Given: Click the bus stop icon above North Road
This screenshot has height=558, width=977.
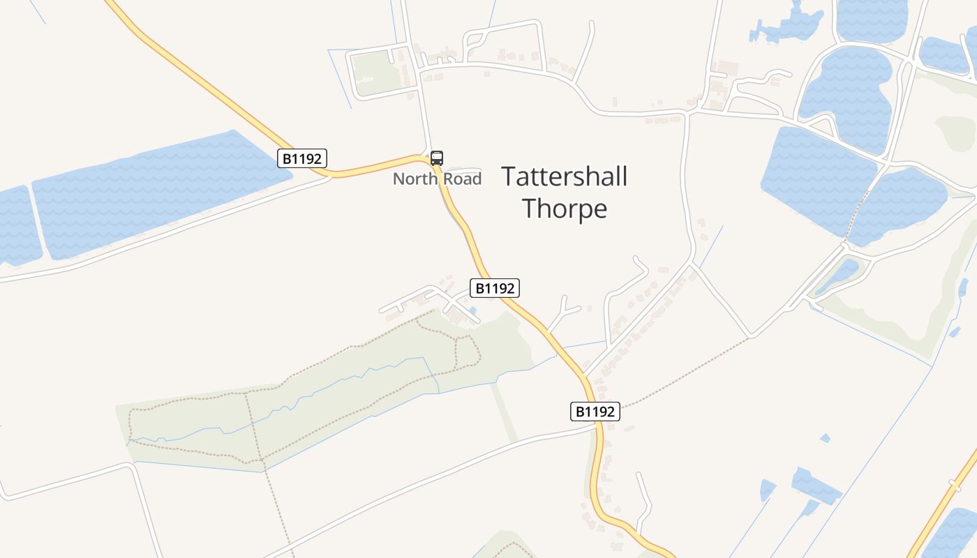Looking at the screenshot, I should [x=437, y=158].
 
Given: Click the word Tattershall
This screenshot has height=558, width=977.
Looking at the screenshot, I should [x=564, y=177].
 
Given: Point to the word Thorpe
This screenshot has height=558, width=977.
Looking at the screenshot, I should [x=565, y=209].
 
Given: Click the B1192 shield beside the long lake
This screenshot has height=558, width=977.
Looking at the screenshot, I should [x=302, y=159].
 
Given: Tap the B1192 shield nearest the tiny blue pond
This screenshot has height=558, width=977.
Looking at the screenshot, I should [x=495, y=288].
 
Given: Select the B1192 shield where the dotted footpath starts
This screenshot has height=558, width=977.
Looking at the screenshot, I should [x=595, y=412].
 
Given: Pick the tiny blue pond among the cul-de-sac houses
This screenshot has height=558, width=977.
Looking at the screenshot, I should [x=472, y=310].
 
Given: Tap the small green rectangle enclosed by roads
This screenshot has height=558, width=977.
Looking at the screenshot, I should [x=373, y=72].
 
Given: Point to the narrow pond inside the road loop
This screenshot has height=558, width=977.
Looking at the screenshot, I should [x=837, y=275].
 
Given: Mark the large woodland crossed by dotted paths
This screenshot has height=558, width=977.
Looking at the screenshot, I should [x=314, y=405].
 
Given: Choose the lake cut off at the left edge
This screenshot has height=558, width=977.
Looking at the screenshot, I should [x=17, y=227].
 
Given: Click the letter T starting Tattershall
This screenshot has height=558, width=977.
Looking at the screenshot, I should [x=509, y=177].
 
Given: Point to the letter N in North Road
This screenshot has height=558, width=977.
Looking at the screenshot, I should [x=398, y=179].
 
